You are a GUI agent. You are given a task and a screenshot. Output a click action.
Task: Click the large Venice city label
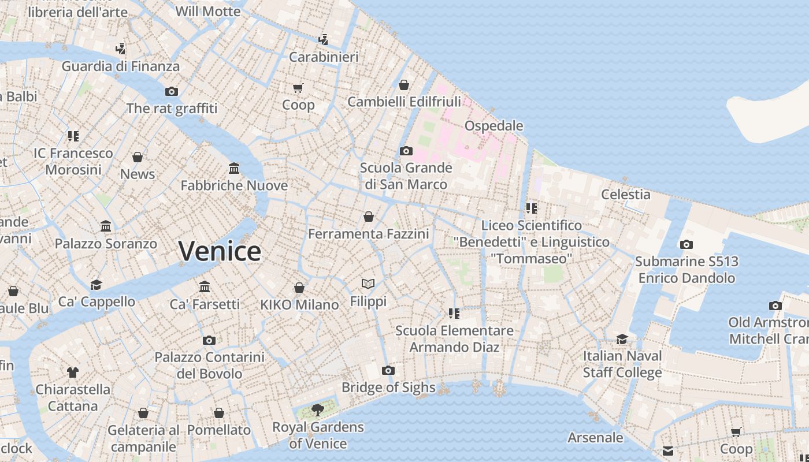point(220,251)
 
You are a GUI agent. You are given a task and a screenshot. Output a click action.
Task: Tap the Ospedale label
point(493,126)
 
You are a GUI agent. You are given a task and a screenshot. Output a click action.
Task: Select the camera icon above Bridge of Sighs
point(388,370)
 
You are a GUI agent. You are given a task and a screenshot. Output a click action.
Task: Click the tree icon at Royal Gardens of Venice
point(317,410)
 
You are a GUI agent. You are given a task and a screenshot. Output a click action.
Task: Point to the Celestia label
point(626,195)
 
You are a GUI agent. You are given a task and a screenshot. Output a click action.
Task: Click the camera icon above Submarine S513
point(686,244)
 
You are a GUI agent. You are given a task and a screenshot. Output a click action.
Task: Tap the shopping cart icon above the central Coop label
point(298,88)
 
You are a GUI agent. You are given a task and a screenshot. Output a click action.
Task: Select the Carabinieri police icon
point(324,40)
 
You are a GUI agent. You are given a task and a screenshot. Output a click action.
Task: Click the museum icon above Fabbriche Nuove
point(234,168)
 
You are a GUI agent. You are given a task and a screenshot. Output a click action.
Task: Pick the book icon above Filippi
point(368,284)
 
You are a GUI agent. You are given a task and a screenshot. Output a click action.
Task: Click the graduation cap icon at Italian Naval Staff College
point(622,339)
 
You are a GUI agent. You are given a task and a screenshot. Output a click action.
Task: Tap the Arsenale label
point(595,438)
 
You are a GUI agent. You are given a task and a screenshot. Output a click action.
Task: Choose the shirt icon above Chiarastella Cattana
point(73,372)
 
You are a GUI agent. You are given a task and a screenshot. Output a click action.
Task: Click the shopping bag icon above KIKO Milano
point(299,288)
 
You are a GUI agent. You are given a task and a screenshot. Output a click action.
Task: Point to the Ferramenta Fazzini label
point(369,234)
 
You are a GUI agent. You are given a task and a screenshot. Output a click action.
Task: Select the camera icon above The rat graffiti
point(172,91)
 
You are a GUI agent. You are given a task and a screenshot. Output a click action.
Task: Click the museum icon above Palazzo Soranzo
point(106,226)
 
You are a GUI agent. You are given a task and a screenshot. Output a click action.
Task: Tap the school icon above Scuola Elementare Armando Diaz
point(454,314)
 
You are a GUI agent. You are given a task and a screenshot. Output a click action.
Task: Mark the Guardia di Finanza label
point(121,66)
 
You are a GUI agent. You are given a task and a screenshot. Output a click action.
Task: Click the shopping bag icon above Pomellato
point(219,413)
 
